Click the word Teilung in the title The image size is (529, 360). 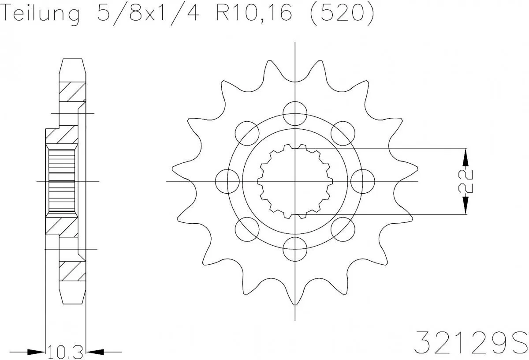pyautogui.click(x=42, y=14)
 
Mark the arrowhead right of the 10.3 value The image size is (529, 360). pyautogui.click(x=94, y=352)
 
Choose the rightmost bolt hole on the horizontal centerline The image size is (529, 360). pyautogui.click(x=363, y=181)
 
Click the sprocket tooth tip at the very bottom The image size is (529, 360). pyautogui.click(x=294, y=304)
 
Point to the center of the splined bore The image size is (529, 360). pyautogui.click(x=294, y=181)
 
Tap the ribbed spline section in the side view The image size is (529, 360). pyautogui.click(x=62, y=181)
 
